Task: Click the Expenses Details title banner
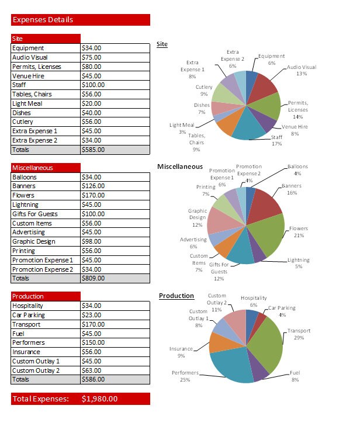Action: coord(80,20)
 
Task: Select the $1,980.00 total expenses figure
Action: coord(99,399)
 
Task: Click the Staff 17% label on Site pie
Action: coord(276,141)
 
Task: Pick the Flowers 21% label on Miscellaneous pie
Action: coord(299,232)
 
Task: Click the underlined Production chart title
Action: coord(176,296)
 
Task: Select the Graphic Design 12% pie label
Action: coord(197,217)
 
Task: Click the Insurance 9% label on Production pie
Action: coord(181,352)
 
